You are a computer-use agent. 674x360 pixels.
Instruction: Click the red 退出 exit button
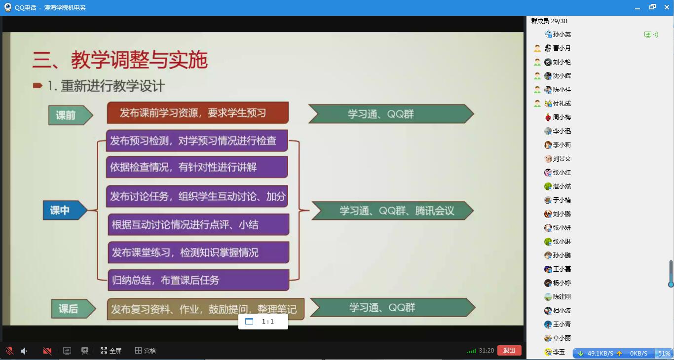click(509, 350)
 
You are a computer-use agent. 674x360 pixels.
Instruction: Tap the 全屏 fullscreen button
click(111, 350)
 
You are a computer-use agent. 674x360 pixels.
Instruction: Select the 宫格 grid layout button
click(146, 350)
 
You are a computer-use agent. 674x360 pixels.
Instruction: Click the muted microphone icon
click(10, 351)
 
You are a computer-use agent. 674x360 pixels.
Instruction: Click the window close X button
click(667, 7)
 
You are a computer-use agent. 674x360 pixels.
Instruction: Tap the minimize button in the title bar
click(637, 8)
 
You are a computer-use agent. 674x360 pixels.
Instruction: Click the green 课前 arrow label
click(71, 115)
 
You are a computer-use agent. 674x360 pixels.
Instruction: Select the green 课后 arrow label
click(74, 309)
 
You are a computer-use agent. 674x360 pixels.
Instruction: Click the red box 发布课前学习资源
click(198, 113)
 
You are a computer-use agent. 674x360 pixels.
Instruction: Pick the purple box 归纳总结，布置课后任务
click(198, 280)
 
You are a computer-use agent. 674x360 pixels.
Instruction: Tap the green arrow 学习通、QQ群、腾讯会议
click(393, 211)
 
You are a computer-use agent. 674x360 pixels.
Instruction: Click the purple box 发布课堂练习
click(198, 252)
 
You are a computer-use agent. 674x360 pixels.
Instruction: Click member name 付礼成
click(562, 104)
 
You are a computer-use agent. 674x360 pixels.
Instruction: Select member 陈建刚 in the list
click(562, 296)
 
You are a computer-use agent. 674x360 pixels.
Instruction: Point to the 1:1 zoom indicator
click(263, 322)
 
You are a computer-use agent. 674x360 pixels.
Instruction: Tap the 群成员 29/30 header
click(549, 21)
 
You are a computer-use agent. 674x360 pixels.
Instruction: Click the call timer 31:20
click(486, 350)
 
